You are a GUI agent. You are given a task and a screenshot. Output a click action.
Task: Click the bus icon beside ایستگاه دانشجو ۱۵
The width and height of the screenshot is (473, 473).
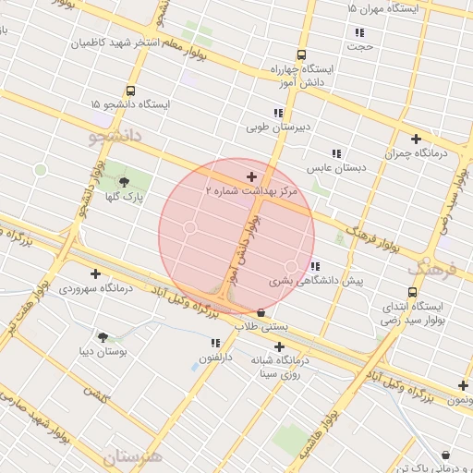click(x=129, y=91)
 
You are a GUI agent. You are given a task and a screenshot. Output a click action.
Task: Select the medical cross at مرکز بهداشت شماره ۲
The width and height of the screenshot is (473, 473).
click(x=251, y=176)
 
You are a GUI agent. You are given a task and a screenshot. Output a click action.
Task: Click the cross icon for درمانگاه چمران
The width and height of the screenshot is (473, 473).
click(x=417, y=139)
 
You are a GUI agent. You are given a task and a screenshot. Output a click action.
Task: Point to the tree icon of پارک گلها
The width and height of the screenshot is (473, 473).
click(x=125, y=182)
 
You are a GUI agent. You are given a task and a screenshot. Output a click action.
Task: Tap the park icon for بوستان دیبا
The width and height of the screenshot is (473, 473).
click(x=102, y=337)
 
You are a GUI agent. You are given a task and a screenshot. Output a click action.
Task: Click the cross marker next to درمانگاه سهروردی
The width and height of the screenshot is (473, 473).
click(x=95, y=273)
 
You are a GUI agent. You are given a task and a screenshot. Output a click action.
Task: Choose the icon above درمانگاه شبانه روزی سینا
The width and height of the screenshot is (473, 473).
click(x=279, y=346)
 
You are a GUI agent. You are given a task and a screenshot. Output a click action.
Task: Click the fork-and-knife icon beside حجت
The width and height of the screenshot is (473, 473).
click(x=359, y=32)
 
